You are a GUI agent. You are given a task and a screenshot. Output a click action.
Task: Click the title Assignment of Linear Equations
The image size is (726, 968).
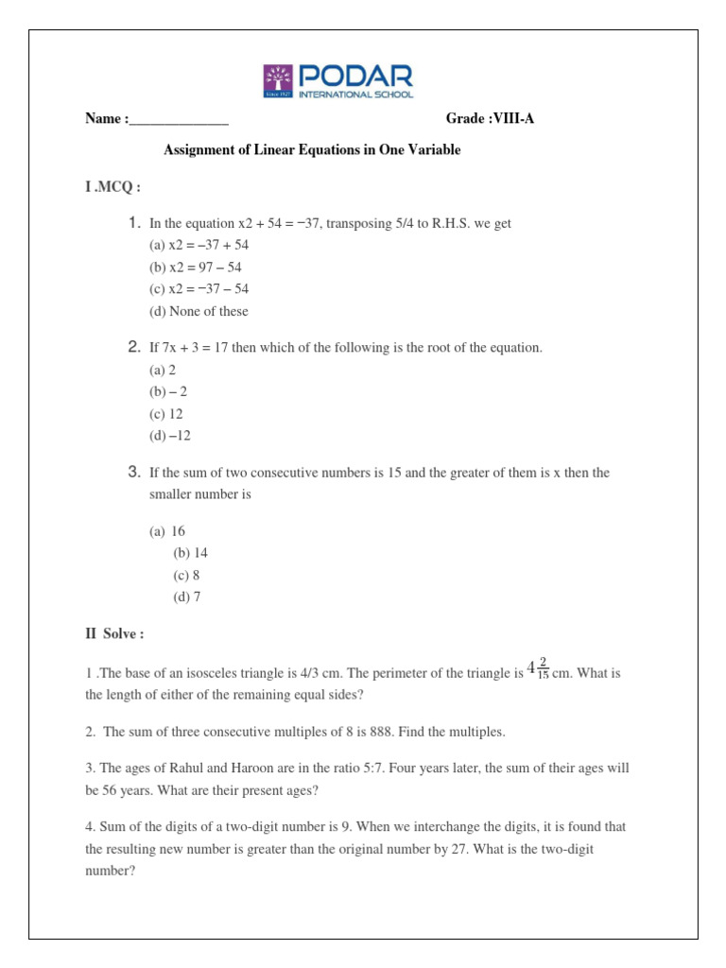tap(313, 150)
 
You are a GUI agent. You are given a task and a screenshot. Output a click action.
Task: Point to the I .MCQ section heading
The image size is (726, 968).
tap(112, 187)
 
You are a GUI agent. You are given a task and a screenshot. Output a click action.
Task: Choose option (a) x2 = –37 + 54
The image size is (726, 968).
tap(199, 245)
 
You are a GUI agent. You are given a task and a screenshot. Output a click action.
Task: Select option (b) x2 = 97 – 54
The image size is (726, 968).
tap(199, 267)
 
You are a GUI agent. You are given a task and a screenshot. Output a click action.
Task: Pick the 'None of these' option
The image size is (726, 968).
tap(199, 311)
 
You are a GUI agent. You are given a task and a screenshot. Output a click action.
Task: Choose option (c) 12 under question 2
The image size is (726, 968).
tap(166, 414)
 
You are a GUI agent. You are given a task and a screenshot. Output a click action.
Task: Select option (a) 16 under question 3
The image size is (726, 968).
tap(167, 531)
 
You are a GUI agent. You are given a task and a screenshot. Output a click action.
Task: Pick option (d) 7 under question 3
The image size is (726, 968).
tap(186, 596)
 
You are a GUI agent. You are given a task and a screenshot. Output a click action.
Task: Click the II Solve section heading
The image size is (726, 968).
tap(114, 633)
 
